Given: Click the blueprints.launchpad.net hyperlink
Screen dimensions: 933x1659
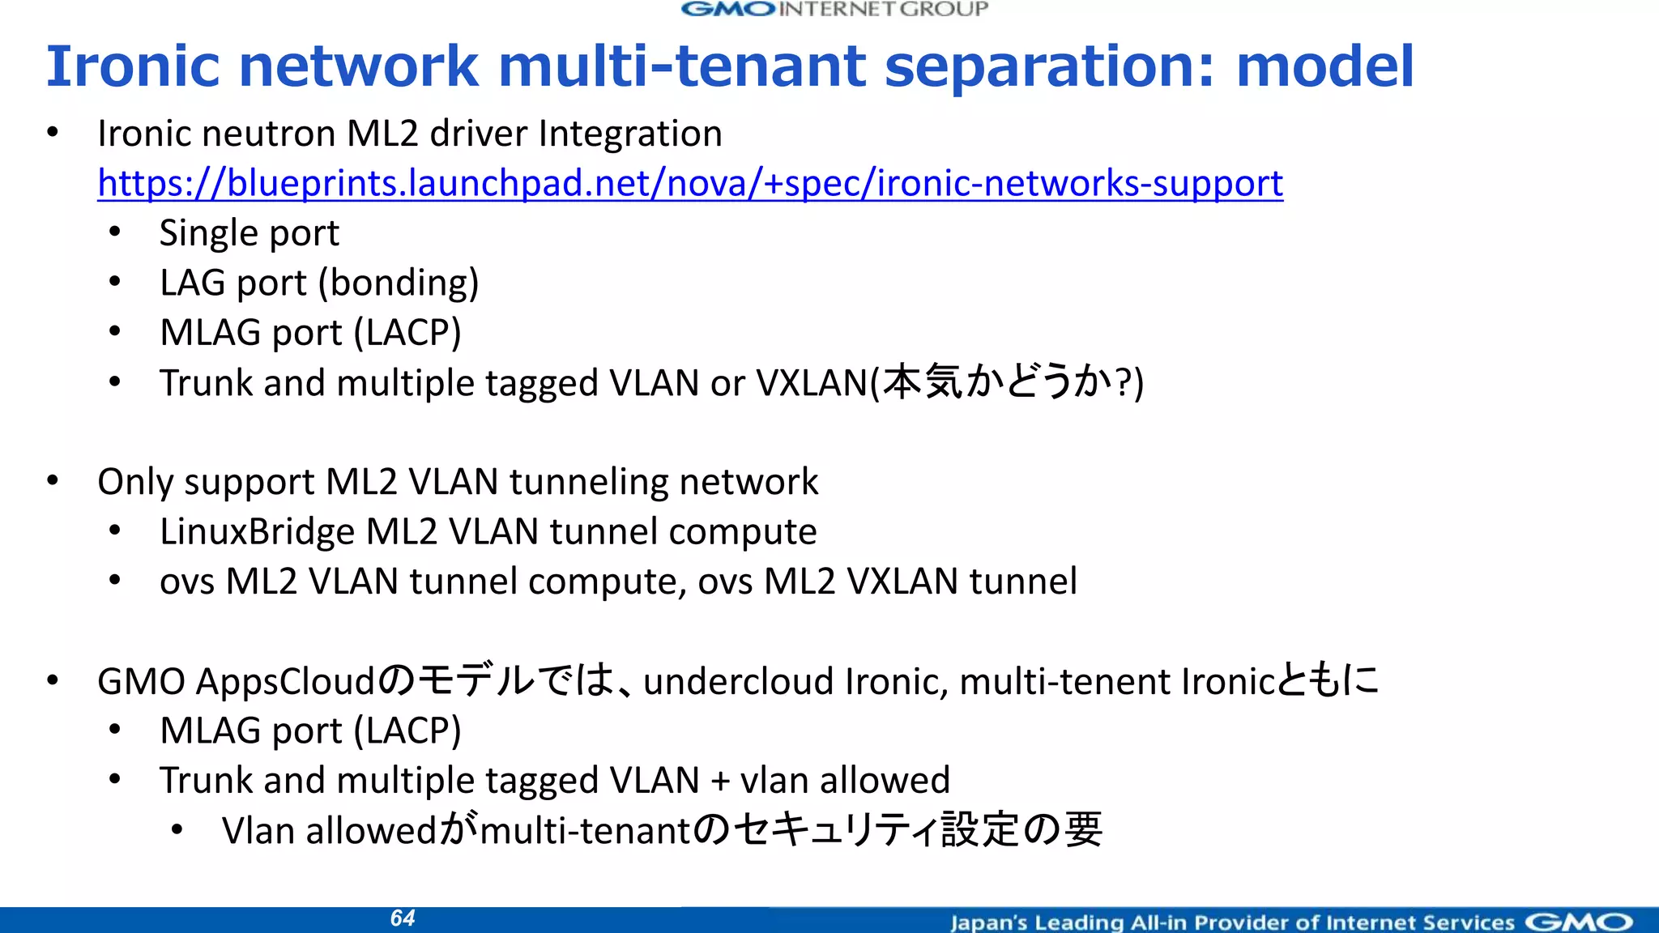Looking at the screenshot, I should [x=689, y=184].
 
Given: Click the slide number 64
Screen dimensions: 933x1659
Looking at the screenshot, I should [x=403, y=918].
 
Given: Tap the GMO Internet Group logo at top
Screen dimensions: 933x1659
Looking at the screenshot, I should [x=834, y=10].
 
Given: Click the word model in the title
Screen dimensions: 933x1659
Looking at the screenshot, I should [x=1325, y=66].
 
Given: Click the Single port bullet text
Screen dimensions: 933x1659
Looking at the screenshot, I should [x=249, y=233].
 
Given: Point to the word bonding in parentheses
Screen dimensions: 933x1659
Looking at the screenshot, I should [x=399, y=283].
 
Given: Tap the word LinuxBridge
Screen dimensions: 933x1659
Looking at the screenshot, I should [x=257, y=532].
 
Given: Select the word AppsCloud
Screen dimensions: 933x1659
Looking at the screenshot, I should [x=285, y=681].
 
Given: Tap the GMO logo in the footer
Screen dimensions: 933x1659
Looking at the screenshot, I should [x=1579, y=922].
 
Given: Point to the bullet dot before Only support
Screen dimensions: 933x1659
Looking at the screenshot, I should [x=53, y=481].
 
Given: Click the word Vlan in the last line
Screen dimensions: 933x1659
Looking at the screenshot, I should [x=258, y=831].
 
